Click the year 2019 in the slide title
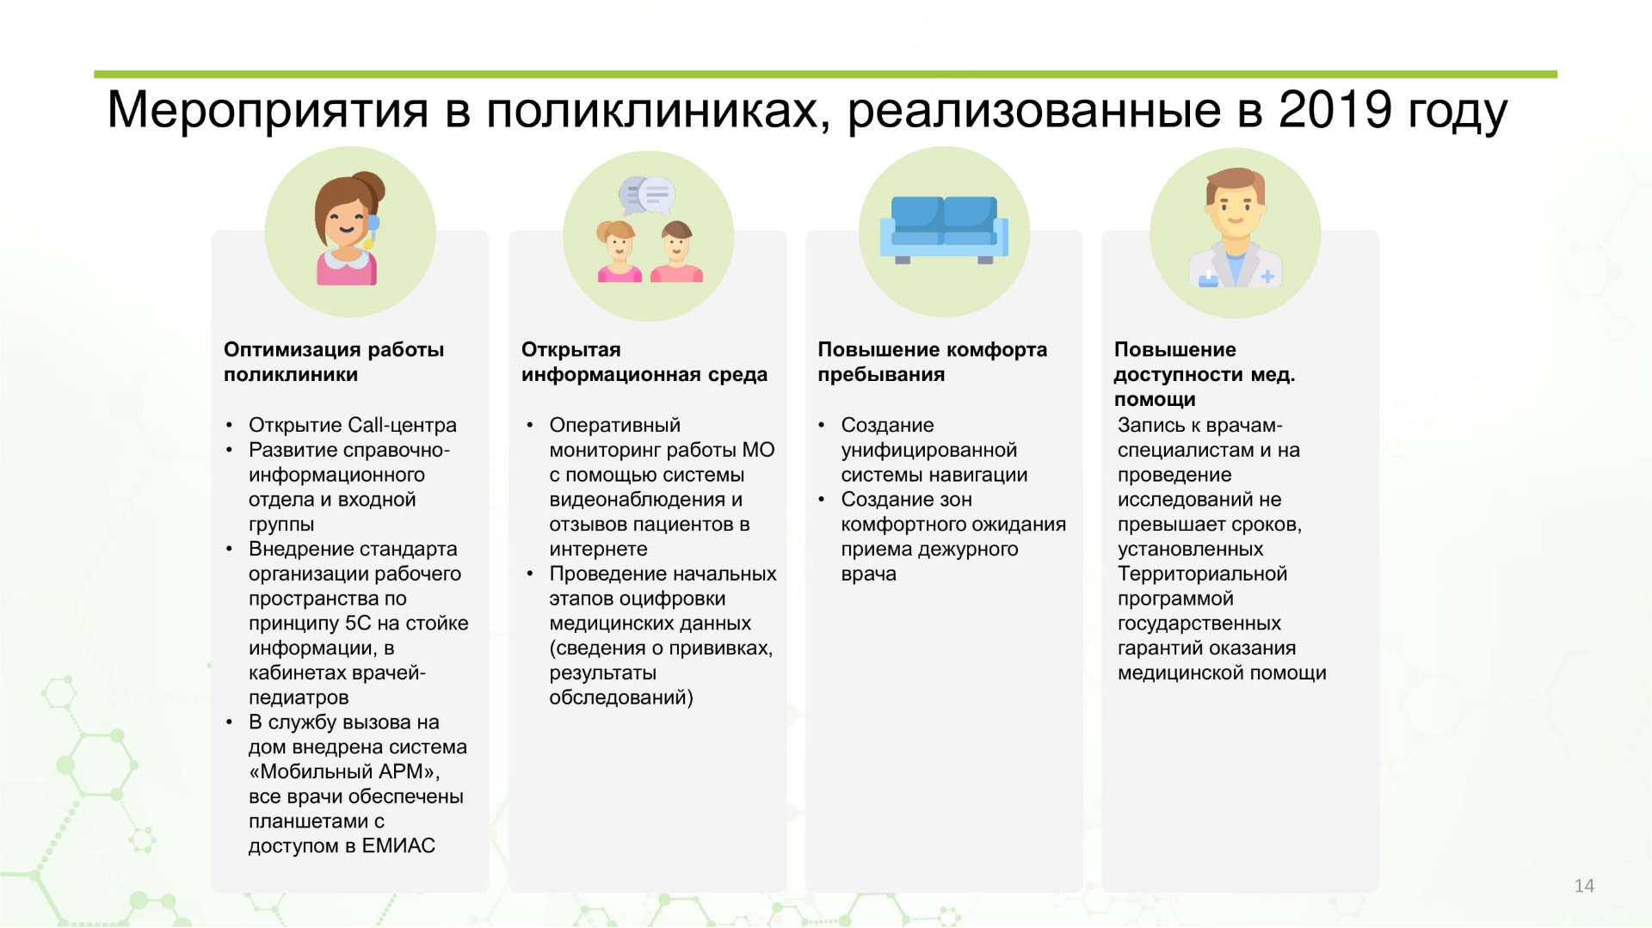1335,110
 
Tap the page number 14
1584,886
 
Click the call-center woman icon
348,229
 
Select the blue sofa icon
943,230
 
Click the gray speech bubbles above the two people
647,195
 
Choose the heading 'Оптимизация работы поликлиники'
334,362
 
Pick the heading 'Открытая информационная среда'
644,362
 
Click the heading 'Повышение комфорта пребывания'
933,362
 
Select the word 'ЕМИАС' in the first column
398,846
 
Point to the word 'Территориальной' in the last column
1202,575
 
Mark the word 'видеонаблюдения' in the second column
637,501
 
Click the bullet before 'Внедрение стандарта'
230,550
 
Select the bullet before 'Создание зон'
822,500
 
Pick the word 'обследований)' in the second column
621,698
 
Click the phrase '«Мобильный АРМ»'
344,772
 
